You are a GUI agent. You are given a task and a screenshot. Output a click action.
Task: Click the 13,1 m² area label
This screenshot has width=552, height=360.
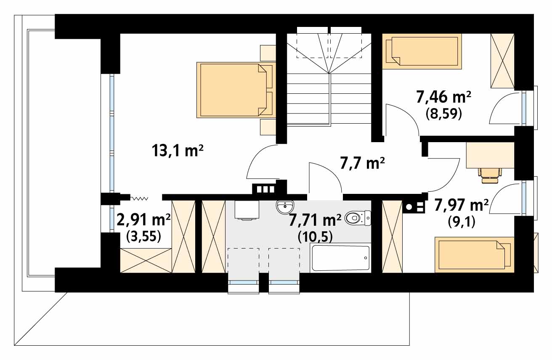click(178, 151)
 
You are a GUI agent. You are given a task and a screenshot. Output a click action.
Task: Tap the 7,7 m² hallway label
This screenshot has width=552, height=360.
click(362, 163)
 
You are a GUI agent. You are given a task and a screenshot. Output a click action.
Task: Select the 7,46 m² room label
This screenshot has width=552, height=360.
click(443, 97)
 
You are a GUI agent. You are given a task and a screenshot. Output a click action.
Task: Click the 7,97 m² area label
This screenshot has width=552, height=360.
click(461, 205)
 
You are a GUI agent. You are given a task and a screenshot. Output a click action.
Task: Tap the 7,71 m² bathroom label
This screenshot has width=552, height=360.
click(315, 220)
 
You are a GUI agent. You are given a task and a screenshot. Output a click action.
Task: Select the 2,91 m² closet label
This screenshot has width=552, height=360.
click(143, 220)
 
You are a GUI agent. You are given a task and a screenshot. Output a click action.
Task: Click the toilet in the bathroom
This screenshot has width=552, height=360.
click(358, 218)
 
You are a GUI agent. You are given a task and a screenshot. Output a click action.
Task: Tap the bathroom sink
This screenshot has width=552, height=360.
click(285, 207)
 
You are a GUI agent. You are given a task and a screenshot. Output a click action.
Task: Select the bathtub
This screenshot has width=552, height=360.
click(341, 258)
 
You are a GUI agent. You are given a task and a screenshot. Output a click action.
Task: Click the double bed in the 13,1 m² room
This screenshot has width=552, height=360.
click(236, 90)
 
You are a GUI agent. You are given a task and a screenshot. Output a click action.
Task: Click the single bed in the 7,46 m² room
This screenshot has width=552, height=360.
click(422, 51)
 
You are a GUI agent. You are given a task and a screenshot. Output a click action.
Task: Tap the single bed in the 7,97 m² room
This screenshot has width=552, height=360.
click(475, 255)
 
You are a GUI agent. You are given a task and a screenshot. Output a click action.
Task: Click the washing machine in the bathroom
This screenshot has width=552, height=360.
click(247, 210)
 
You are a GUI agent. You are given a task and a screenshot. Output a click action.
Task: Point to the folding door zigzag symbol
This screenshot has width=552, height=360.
click(140, 199)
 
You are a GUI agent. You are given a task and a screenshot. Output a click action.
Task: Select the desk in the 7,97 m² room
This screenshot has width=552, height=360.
click(490, 155)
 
